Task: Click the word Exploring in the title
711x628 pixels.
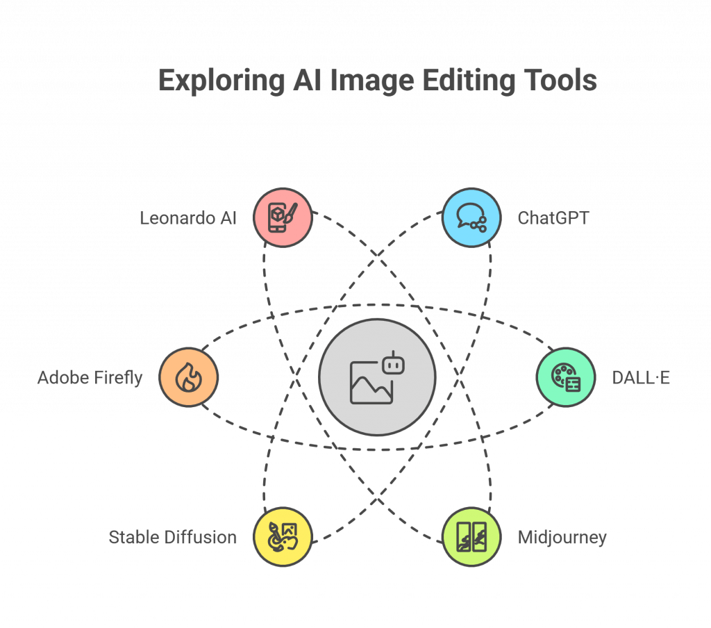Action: point(221,81)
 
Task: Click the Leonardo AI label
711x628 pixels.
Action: point(187,218)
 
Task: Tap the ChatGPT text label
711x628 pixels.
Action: point(553,218)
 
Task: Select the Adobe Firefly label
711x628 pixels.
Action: point(90,377)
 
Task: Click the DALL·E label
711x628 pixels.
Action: point(641,377)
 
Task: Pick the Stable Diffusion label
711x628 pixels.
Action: point(172,537)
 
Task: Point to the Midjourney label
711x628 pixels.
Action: point(562,538)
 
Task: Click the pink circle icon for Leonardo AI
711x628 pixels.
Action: point(283,218)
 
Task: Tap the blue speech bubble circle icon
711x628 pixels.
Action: point(471,218)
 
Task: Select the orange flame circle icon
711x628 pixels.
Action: point(189,377)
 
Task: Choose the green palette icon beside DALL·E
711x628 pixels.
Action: point(566,377)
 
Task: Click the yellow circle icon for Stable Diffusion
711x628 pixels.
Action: point(283,537)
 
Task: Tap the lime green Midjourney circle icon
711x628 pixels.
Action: point(471,537)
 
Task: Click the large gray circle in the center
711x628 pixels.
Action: point(377,377)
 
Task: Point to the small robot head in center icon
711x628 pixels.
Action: point(393,364)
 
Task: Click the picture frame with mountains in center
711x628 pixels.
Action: point(371,383)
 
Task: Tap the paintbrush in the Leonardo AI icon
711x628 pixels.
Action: point(291,213)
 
